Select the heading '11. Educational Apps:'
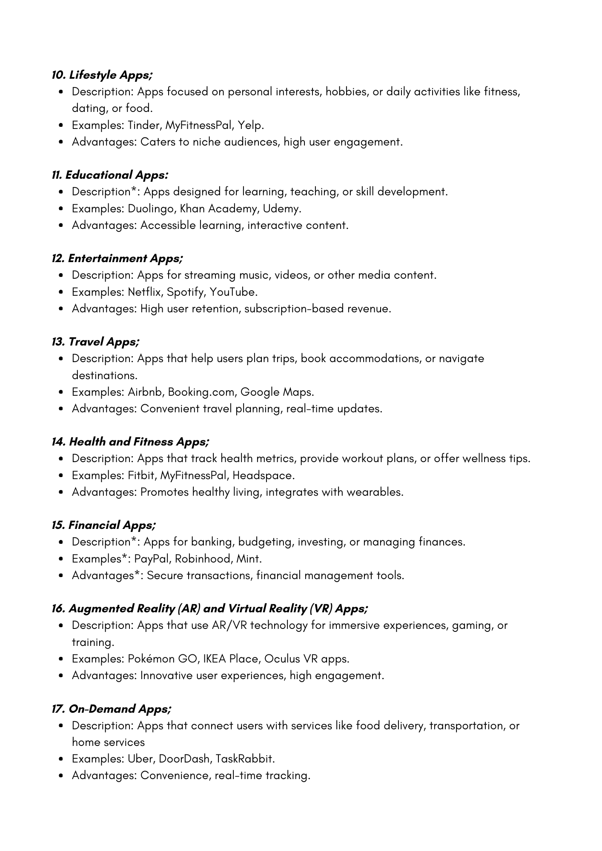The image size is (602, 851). tap(110, 175)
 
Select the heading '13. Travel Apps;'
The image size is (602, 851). tap(95, 342)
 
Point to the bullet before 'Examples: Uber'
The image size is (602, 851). tap(62, 759)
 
